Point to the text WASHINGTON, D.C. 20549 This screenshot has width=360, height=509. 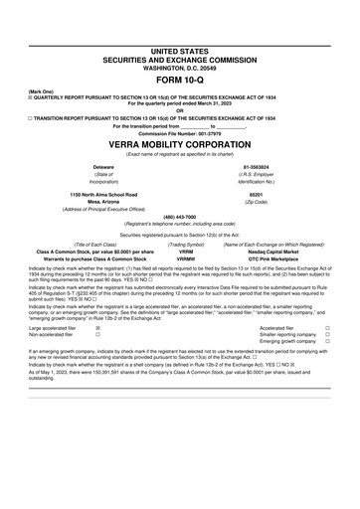tap(180, 65)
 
